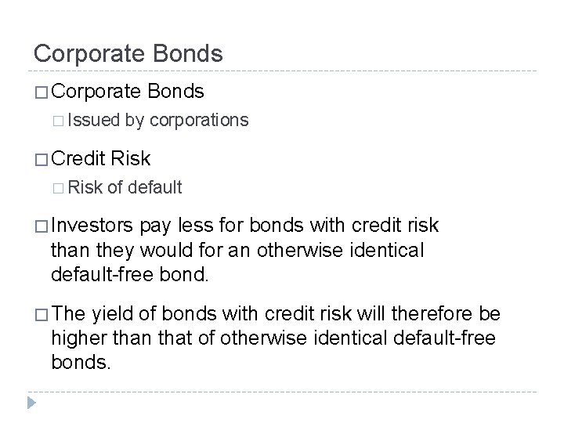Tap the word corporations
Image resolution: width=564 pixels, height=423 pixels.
pyautogui.click(x=199, y=121)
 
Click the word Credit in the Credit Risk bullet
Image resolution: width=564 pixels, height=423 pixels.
pyautogui.click(x=78, y=159)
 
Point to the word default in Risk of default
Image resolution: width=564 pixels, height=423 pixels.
pyautogui.click(x=155, y=187)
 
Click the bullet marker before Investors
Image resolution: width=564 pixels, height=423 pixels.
pyautogui.click(x=42, y=226)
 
